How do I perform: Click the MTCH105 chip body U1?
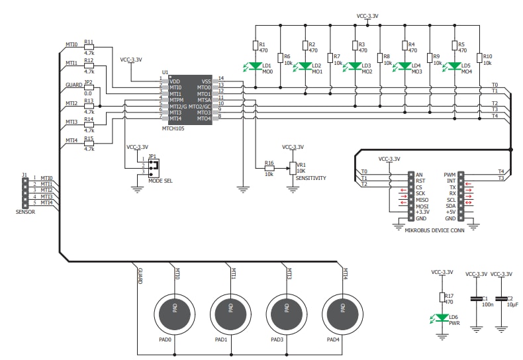(x=187, y=100)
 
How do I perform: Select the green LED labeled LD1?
(x=256, y=66)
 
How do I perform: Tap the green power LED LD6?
(x=442, y=318)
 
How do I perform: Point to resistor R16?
(x=269, y=168)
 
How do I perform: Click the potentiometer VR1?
(x=293, y=169)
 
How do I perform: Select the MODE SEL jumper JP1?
(x=152, y=165)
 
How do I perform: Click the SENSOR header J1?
(x=25, y=191)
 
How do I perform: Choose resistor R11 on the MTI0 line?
(x=89, y=46)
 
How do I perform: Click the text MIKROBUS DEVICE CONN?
(x=434, y=230)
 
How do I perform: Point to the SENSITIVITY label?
(x=310, y=179)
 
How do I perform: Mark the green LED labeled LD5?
(x=454, y=66)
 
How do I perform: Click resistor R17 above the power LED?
(x=442, y=298)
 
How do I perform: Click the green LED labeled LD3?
(x=354, y=66)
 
